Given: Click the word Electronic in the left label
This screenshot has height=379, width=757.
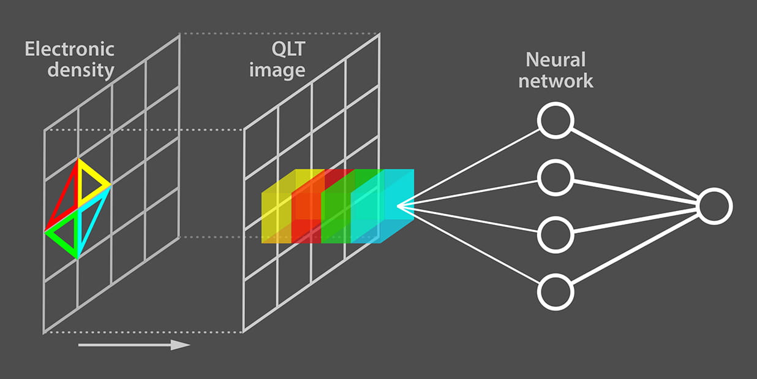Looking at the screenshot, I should point(69,48).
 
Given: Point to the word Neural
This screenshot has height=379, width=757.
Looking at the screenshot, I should point(556,59).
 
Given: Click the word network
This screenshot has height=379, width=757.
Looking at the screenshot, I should point(556,80).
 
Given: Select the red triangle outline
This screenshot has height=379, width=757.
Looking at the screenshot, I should point(64,196).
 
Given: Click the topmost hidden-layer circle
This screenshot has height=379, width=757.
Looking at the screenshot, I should point(555,120).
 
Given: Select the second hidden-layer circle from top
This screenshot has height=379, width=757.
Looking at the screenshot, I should point(555,177).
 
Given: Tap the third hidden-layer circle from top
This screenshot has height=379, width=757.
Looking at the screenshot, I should point(555,234).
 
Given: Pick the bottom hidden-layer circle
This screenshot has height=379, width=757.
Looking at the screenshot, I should point(555,292).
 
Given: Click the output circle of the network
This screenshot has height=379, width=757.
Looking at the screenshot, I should point(714,206).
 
